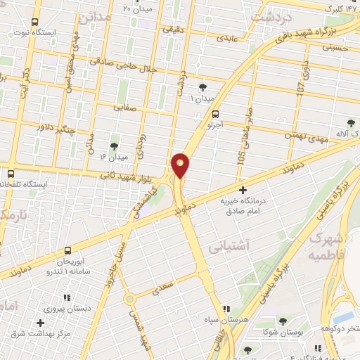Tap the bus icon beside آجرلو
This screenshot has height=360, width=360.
216,113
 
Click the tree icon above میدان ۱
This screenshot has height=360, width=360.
203,86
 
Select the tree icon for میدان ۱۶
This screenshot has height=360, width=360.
115,146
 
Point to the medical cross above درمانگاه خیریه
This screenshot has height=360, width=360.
243,190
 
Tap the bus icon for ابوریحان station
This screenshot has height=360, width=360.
68,250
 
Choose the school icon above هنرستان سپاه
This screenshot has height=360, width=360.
226,309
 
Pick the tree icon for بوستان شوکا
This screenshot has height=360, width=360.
283,321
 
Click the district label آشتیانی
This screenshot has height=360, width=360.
226,247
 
